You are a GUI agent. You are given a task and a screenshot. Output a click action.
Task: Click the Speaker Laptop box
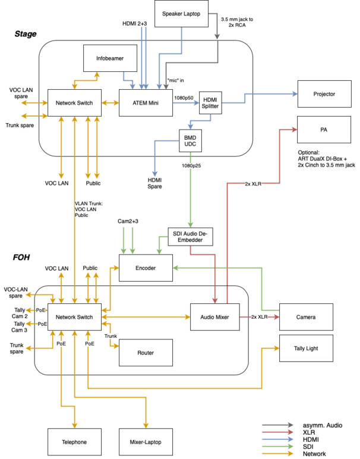[181, 14]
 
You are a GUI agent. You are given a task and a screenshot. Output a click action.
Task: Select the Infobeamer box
[110, 58]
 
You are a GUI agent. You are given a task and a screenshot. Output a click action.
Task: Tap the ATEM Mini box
[146, 103]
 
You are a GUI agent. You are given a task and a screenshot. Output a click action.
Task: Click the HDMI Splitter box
[210, 103]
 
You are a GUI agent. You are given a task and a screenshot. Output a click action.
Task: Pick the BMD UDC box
[190, 141]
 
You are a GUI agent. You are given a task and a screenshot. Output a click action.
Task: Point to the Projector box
[324, 94]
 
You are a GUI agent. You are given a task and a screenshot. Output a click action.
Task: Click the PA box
[324, 130]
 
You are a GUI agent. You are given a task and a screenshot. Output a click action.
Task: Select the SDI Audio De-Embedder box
[190, 237]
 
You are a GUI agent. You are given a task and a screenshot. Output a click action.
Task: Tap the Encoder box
[146, 268]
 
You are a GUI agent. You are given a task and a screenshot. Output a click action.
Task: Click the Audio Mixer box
[215, 317]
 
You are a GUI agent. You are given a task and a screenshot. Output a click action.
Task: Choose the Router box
[146, 353]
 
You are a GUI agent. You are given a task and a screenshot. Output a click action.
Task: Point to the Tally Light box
[306, 348]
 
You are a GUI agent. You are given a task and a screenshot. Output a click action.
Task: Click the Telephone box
[75, 442]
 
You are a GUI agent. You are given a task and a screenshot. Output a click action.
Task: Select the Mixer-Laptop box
[146, 442]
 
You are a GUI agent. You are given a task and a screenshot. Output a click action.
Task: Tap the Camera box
[306, 317]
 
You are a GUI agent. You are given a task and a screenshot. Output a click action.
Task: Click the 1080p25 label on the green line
[191, 166]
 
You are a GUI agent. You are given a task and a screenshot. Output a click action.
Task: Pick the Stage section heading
[26, 34]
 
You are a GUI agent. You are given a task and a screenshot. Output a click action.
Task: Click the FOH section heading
[21, 257]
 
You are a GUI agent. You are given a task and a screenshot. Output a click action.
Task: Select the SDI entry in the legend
[308, 447]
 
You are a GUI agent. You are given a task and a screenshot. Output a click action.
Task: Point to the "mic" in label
[175, 80]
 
